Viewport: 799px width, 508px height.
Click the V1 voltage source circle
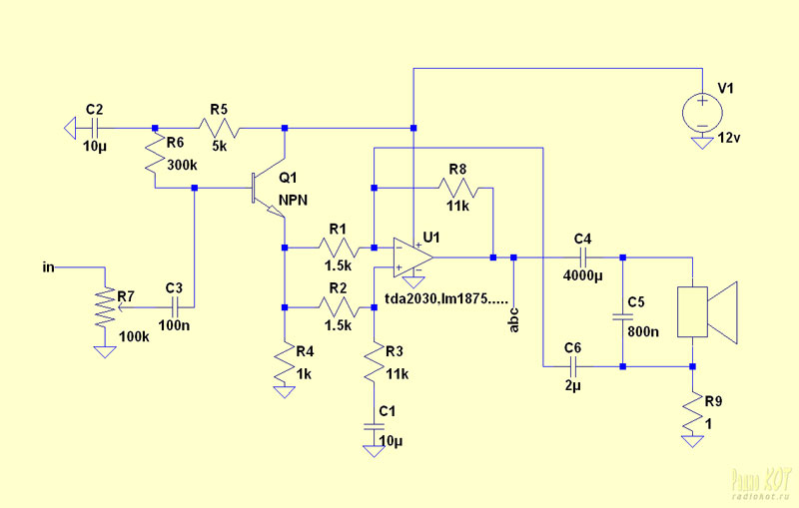coord(702,113)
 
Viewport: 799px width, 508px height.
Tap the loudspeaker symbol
coord(707,312)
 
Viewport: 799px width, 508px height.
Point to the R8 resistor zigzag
coord(458,188)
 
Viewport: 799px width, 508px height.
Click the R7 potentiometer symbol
coord(106,307)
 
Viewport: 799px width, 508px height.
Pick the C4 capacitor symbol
coord(583,257)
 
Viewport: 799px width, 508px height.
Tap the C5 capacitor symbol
coord(622,317)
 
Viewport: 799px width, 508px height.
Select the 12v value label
coord(729,138)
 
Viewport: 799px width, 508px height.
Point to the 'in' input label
coord(48,267)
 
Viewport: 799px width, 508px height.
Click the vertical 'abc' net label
coord(514,320)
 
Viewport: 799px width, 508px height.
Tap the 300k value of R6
coord(182,166)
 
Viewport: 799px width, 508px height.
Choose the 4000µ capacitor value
coord(583,275)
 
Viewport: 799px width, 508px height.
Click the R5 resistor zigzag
coord(219,129)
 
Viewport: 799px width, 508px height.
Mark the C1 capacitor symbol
coord(374,426)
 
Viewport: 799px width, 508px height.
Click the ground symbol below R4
coord(285,392)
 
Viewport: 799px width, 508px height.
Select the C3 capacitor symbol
coord(174,307)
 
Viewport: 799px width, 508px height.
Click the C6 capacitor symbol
coord(572,366)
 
